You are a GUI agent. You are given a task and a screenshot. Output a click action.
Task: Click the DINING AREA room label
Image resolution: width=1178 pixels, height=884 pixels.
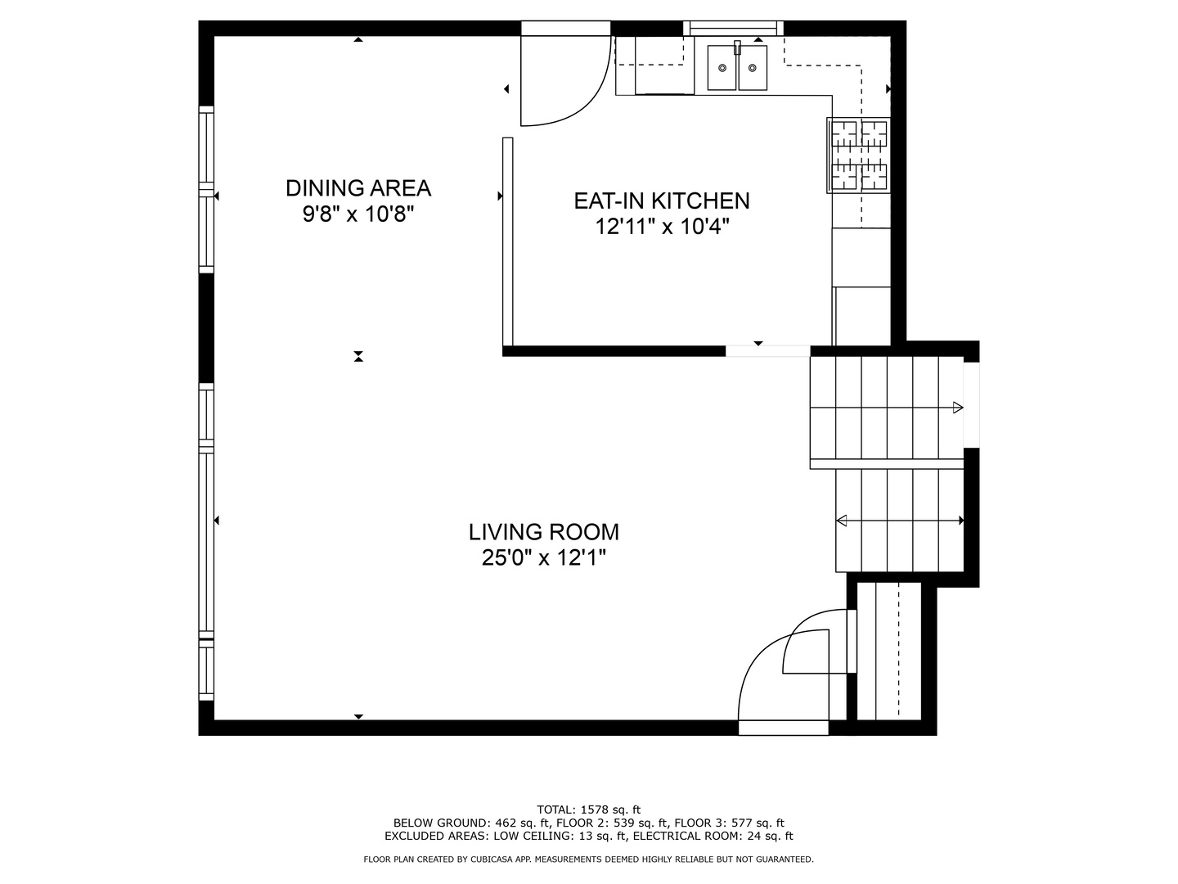click(358, 188)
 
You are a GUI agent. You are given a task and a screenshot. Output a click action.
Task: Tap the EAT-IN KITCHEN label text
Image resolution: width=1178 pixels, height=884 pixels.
click(662, 201)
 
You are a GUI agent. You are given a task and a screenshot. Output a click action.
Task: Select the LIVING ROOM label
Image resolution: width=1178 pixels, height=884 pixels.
click(544, 532)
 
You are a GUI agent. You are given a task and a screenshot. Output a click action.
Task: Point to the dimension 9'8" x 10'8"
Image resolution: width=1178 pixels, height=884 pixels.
click(358, 214)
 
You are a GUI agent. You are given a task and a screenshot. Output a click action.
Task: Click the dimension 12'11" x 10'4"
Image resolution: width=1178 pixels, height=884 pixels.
click(663, 227)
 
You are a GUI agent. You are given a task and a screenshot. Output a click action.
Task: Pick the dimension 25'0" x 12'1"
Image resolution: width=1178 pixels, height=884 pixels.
click(544, 558)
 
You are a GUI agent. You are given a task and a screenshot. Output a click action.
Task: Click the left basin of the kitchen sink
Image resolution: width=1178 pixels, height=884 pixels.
click(722, 68)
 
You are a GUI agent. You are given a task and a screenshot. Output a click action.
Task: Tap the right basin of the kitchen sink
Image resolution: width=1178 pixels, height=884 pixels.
click(753, 68)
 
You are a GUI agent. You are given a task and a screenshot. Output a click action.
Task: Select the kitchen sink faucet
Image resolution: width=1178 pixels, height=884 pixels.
click(737, 47)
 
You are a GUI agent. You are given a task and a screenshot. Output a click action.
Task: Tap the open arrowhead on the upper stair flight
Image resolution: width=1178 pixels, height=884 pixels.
click(958, 408)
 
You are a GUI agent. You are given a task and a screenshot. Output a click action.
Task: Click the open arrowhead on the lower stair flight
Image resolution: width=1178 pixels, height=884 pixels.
click(842, 521)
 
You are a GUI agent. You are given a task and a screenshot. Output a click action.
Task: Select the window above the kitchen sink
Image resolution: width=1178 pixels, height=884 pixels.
click(733, 28)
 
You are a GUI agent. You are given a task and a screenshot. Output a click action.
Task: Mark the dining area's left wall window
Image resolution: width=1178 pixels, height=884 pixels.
click(207, 189)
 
